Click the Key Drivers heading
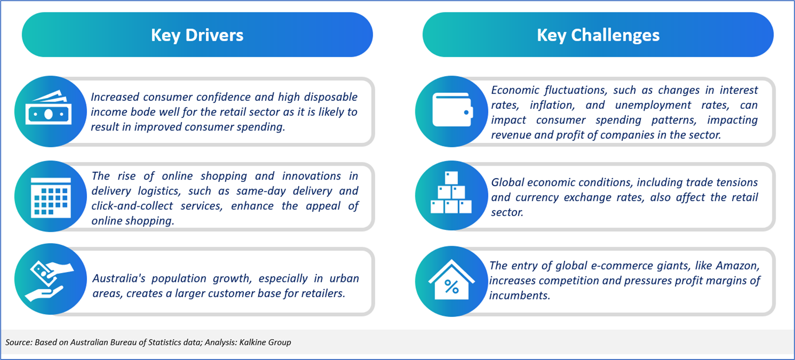click(x=197, y=35)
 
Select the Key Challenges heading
click(x=598, y=35)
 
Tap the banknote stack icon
click(x=48, y=108)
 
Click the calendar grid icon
click(x=51, y=197)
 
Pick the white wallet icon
click(x=452, y=110)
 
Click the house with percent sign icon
click(x=451, y=280)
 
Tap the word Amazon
click(x=738, y=266)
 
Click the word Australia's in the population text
click(x=119, y=278)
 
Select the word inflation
click(x=552, y=105)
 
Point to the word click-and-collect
click(x=132, y=206)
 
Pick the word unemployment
click(x=653, y=105)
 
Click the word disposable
click(x=331, y=97)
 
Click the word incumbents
click(x=520, y=295)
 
